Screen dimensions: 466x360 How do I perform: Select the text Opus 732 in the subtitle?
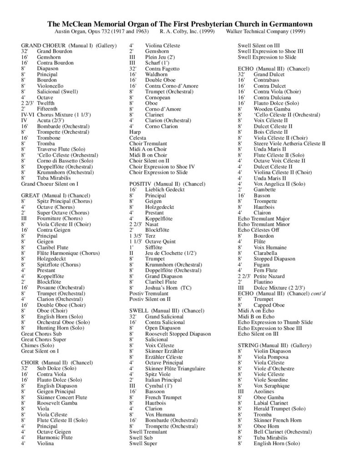point(100,32)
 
